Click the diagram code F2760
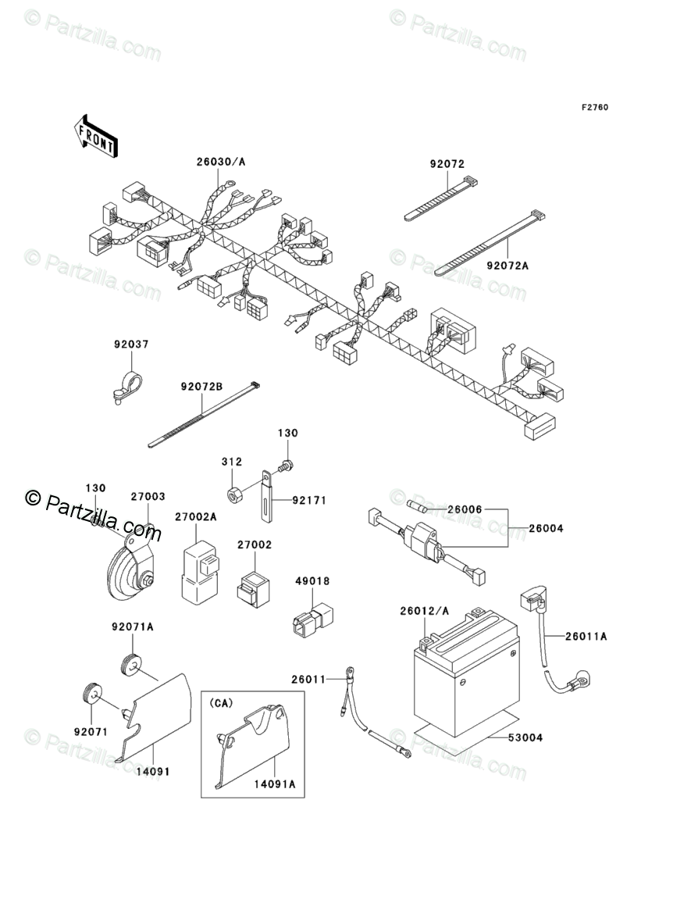[x=593, y=107]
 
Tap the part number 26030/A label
[x=199, y=162]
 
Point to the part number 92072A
[x=507, y=266]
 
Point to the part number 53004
[x=525, y=737]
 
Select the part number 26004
[x=546, y=529]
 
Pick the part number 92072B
[x=201, y=387]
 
